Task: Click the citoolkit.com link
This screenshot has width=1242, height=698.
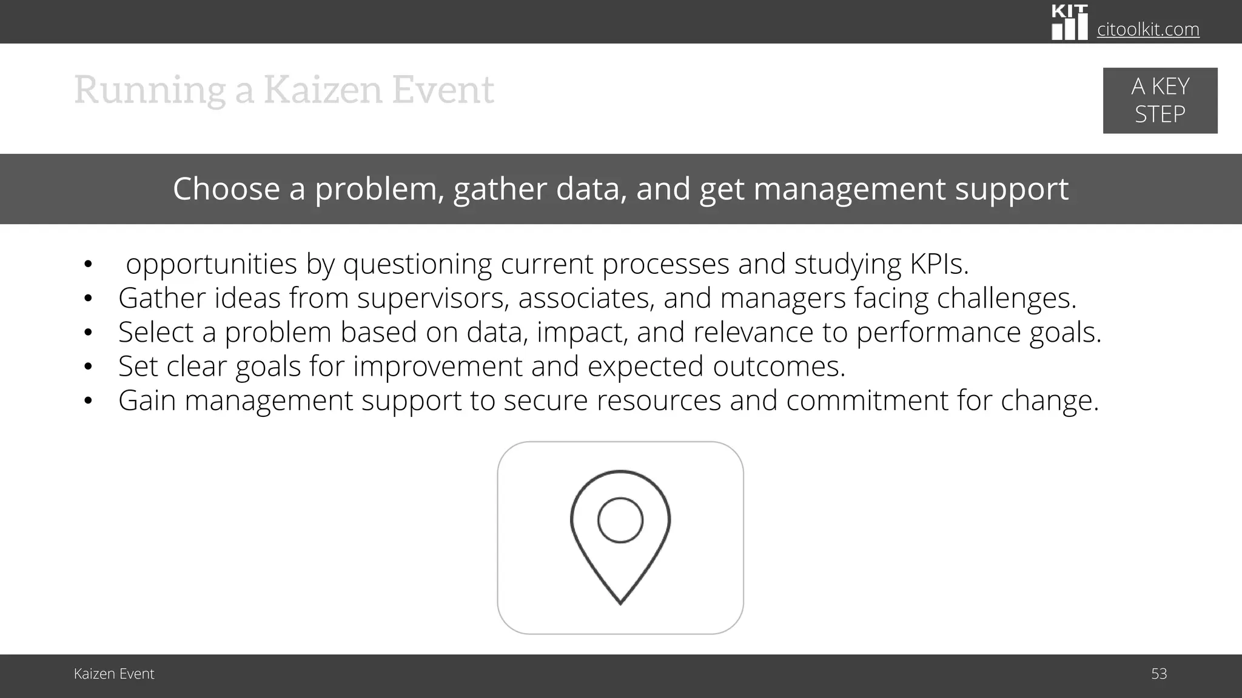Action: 1147,29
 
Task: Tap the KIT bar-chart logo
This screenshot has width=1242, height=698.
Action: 1069,23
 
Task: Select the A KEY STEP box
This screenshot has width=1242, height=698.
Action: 1160,101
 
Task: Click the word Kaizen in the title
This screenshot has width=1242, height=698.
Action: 323,90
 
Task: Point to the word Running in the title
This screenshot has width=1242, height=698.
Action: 149,91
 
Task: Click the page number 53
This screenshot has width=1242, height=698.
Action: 1158,674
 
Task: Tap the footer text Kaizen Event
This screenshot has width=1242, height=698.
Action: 114,674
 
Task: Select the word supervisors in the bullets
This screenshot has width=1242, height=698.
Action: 432,298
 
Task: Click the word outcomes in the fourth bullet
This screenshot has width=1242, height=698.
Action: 778,367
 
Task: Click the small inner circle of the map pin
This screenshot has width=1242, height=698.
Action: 620,520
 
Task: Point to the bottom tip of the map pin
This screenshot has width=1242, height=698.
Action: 620,601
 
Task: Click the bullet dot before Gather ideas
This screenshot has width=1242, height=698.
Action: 88,298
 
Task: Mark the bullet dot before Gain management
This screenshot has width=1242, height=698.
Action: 88,401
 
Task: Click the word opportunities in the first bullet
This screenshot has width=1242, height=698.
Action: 211,264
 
